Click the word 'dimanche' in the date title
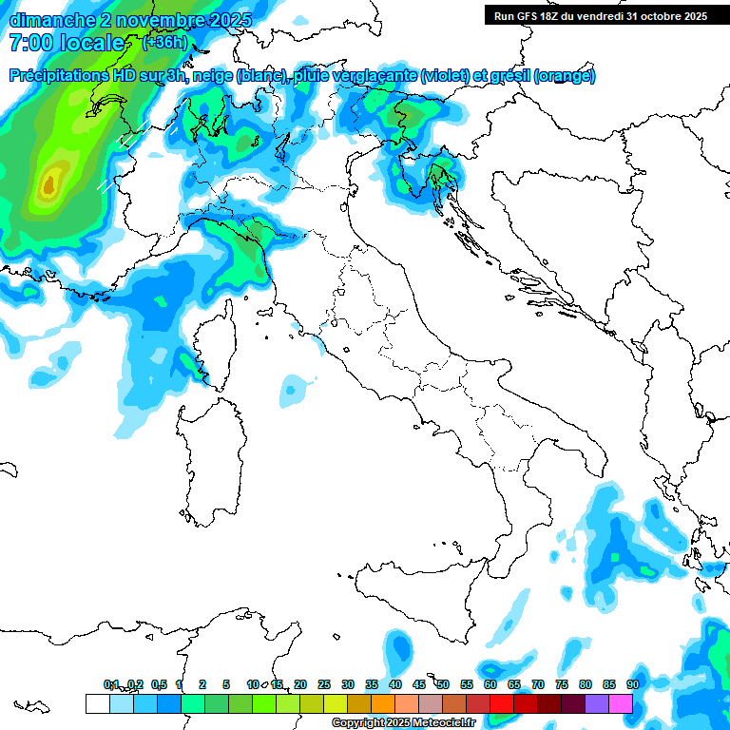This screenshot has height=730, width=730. [46, 20]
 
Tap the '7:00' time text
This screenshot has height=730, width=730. [29, 43]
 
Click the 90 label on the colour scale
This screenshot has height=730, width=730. [632, 684]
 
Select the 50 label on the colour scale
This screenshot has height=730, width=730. [442, 684]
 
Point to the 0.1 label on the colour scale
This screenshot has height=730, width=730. [111, 684]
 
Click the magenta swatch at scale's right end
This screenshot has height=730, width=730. [620, 703]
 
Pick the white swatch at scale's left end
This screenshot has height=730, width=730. [97, 703]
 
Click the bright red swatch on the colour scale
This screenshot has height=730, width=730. [501, 703]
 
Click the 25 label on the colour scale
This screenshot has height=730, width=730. [324, 684]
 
